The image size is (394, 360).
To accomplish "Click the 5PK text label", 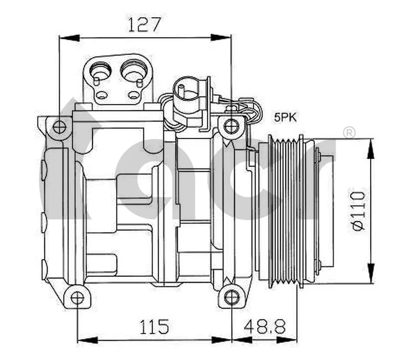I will (286, 117).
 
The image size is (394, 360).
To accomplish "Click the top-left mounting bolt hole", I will (59, 127).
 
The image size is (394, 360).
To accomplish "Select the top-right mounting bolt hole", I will (231, 126).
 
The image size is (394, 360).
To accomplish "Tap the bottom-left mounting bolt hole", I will (77, 298).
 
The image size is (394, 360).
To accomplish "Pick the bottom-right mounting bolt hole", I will (231, 298).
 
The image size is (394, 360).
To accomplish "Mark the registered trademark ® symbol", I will (349, 132).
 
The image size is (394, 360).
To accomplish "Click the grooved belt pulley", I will (285, 210).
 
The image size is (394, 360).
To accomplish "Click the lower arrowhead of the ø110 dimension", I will (369, 280).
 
